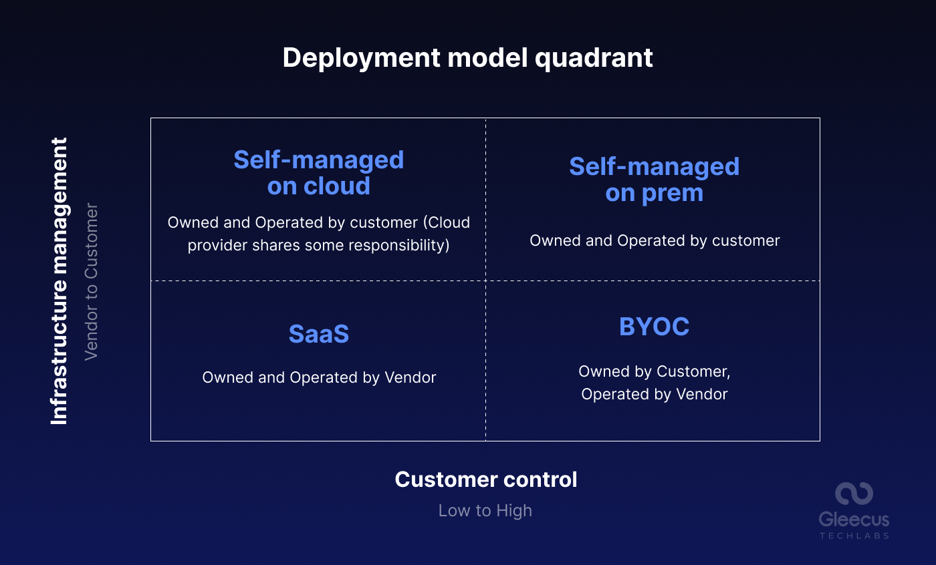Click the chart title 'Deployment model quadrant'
pyautogui.click(x=467, y=58)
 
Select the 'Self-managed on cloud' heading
pyautogui.click(x=319, y=172)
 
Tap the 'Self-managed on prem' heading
pyautogui.click(x=654, y=179)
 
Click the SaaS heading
pyautogui.click(x=319, y=334)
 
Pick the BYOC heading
pyautogui.click(x=654, y=327)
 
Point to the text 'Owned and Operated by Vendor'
pyautogui.click(x=319, y=377)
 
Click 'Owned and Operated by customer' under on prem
pyautogui.click(x=655, y=240)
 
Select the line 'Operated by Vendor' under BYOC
pyautogui.click(x=654, y=394)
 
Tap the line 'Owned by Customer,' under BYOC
pyautogui.click(x=654, y=371)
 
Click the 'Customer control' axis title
pyautogui.click(x=486, y=480)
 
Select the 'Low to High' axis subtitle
pyautogui.click(x=485, y=510)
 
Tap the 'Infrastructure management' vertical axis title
pyautogui.click(x=60, y=280)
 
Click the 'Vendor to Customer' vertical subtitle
pyautogui.click(x=92, y=280)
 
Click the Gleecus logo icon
pyautogui.click(x=854, y=494)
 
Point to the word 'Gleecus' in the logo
pyautogui.click(x=854, y=519)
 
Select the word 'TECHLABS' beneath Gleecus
pyautogui.click(x=854, y=535)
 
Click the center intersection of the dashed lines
pyautogui.click(x=485, y=280)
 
